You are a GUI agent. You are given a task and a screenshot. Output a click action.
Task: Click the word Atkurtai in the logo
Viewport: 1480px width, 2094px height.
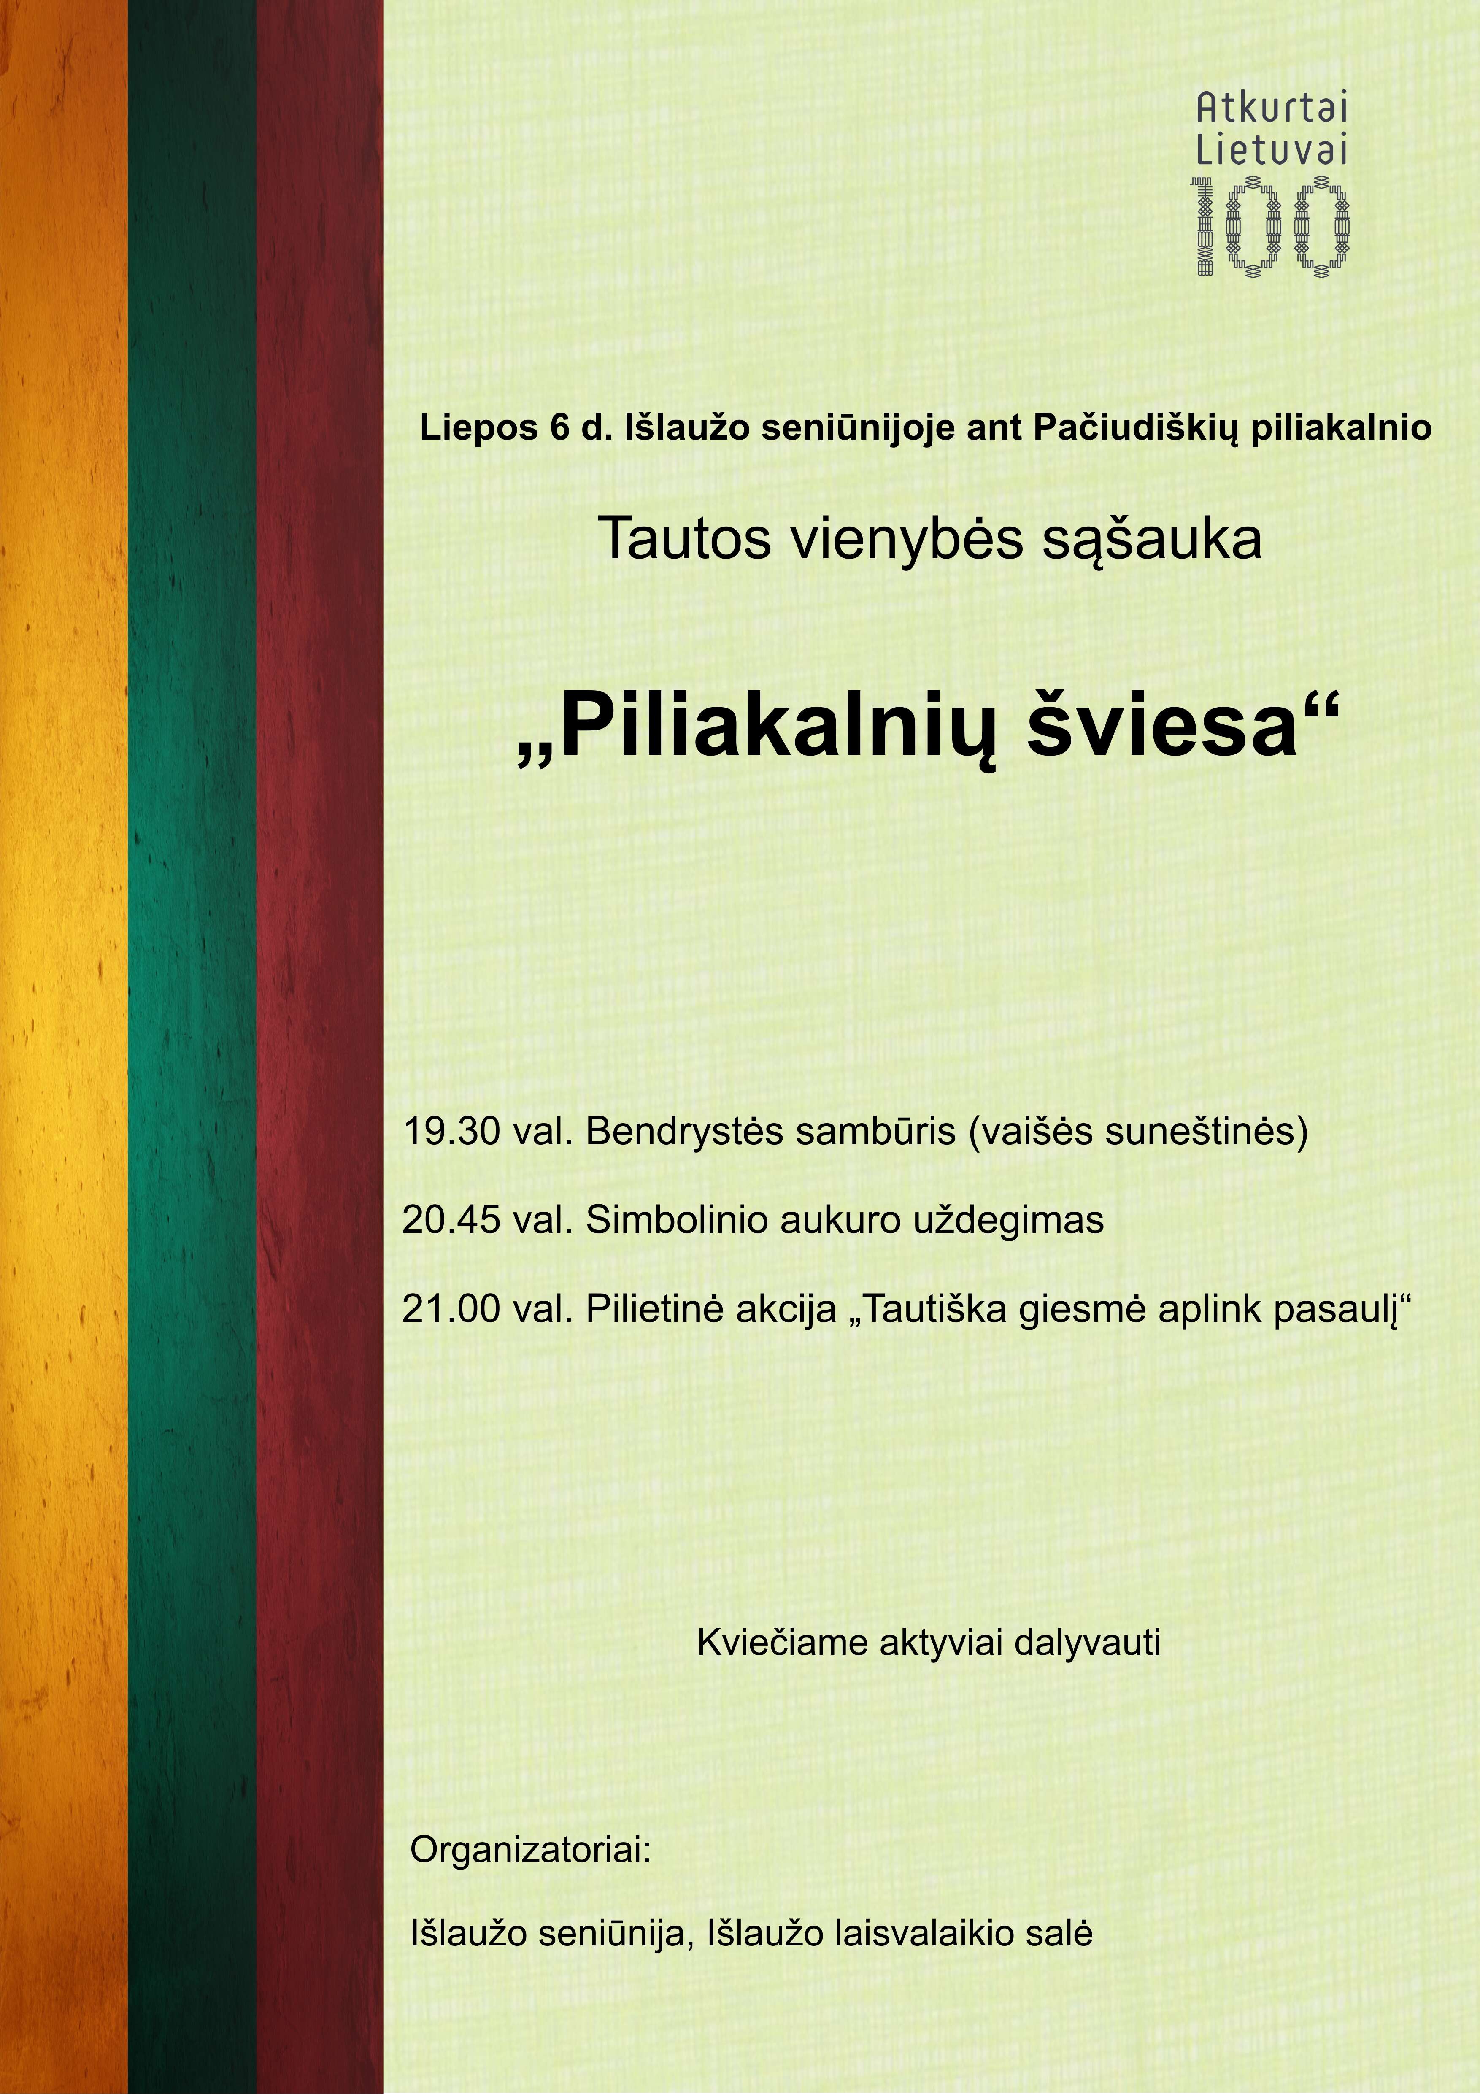(1271, 109)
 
